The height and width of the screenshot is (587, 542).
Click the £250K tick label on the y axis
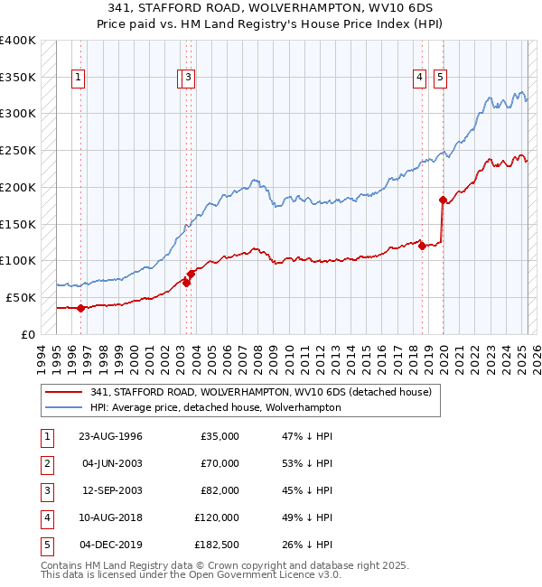coord(18,150)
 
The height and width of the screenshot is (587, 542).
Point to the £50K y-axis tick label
coord(21,297)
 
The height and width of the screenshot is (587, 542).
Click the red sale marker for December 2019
coord(443,200)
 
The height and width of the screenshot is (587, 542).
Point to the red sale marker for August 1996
coord(80,308)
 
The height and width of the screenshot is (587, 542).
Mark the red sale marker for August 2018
coord(422,246)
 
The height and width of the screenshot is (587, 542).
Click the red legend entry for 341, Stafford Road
coord(261,392)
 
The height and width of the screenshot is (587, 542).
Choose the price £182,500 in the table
coord(216,545)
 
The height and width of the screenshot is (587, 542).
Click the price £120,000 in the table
coord(216,517)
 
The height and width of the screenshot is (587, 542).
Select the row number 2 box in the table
coord(44,463)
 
